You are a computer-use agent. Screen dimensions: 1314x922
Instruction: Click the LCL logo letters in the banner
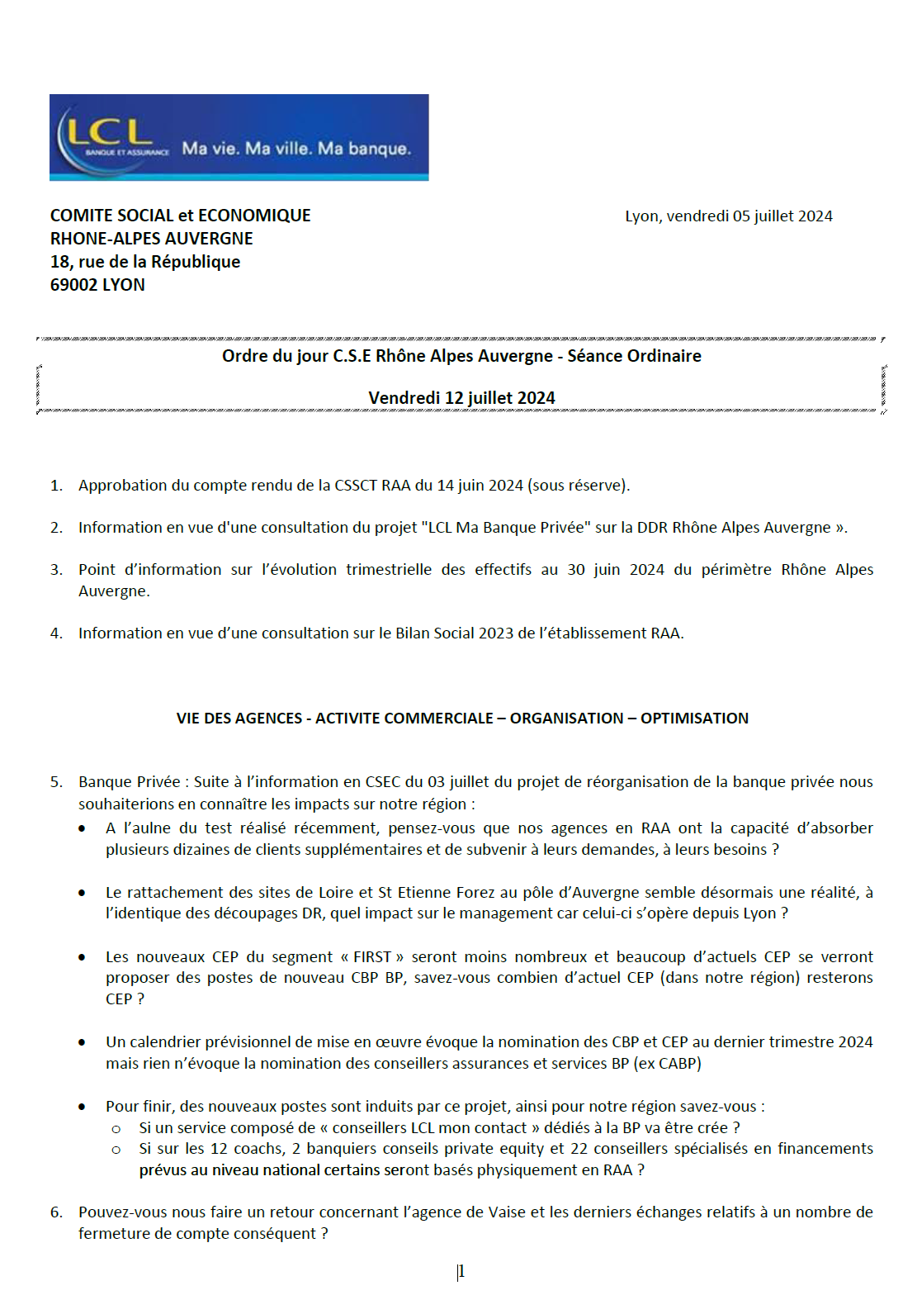[x=109, y=132]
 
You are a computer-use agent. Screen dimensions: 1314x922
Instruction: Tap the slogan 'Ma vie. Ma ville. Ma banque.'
[x=296, y=149]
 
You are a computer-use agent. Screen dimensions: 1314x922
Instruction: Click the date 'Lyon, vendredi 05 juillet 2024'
[x=728, y=216]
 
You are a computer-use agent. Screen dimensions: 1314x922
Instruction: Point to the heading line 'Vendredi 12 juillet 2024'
[x=461, y=398]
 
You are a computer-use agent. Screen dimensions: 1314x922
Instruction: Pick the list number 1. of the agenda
[x=56, y=486]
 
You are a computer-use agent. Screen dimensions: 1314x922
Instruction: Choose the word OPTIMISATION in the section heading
[x=694, y=719]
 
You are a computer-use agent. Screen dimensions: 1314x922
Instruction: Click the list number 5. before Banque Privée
[x=56, y=782]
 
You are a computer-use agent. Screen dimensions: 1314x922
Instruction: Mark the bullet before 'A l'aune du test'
[x=82, y=828]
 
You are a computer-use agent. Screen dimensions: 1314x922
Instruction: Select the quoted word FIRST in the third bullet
[x=372, y=957]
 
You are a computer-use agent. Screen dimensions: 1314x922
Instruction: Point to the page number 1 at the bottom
[x=461, y=1272]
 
